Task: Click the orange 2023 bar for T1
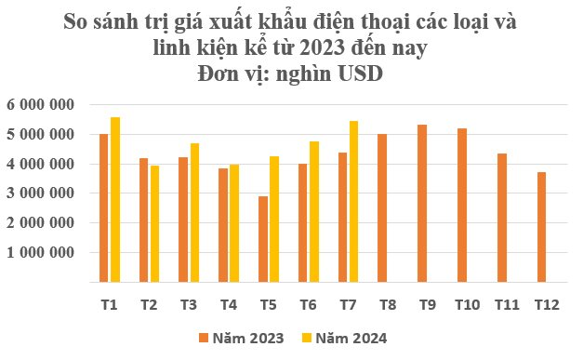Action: click(x=104, y=207)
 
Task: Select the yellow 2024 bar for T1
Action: click(x=115, y=199)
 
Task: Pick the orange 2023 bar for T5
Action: click(x=263, y=239)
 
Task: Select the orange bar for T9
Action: click(x=422, y=203)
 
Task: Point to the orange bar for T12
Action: click(x=541, y=227)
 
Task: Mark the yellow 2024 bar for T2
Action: click(x=154, y=223)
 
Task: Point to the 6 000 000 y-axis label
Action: click(x=41, y=105)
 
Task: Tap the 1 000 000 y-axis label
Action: click(x=41, y=252)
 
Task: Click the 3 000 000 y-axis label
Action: click(x=41, y=193)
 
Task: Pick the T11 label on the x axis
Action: click(x=506, y=303)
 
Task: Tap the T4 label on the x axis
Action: click(x=229, y=303)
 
